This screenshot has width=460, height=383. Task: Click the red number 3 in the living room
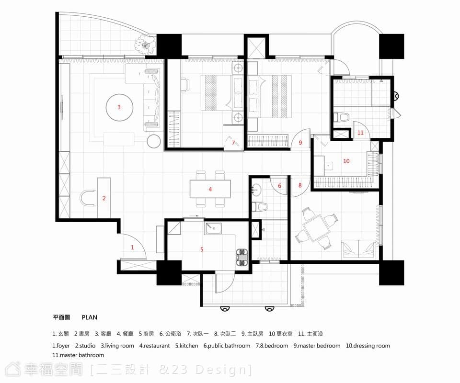[119, 107]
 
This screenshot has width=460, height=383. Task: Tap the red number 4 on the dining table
[210, 189]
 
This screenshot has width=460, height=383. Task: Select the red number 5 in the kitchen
[202, 249]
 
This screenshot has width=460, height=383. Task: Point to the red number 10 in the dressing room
[346, 161]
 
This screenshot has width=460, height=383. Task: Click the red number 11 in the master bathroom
[360, 133]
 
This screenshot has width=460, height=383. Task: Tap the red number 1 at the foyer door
[132, 248]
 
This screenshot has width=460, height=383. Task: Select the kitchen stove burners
[241, 257]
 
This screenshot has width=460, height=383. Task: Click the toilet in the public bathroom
[260, 207]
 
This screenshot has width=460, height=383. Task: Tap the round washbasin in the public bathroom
[257, 190]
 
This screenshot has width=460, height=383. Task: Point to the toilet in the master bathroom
[341, 117]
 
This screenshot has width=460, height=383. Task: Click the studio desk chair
[88, 198]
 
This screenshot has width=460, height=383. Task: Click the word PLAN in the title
[90, 317]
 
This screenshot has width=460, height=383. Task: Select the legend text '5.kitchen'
[186, 346]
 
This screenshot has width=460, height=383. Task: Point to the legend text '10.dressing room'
[368, 346]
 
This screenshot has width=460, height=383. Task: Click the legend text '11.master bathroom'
[78, 355]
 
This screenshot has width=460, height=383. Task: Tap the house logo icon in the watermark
[14, 369]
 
